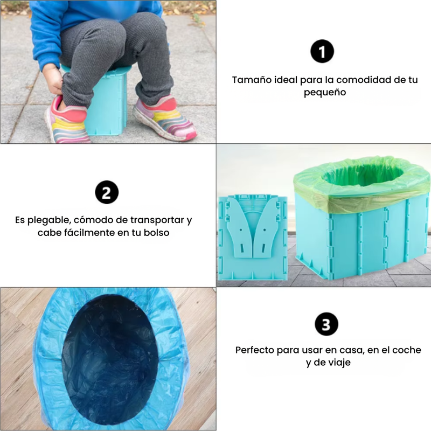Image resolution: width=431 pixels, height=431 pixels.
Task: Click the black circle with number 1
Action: tap(322, 51)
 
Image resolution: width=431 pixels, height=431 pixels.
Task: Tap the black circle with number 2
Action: tap(107, 192)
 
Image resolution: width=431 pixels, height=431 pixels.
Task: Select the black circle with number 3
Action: tap(326, 324)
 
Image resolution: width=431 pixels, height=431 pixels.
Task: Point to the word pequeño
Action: tap(325, 93)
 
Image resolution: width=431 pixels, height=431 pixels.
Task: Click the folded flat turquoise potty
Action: tap(253, 237)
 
